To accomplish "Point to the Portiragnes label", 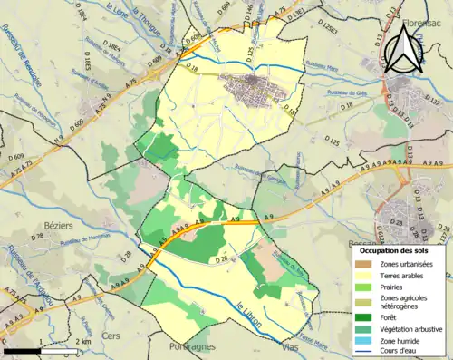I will click(x=193, y=348).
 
